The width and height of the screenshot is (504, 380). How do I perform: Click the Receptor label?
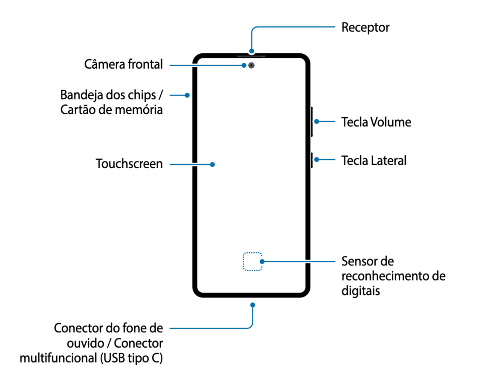pos(365,28)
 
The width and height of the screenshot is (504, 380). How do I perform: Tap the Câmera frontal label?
pos(124,65)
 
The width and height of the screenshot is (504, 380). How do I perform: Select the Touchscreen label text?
pos(129,164)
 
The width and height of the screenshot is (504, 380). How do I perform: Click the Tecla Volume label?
pos(376,122)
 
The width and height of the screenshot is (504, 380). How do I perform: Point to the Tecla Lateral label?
pos(374,161)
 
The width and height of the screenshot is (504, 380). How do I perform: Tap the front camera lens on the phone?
pos(252,66)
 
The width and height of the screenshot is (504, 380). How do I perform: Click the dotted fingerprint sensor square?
pos(252,261)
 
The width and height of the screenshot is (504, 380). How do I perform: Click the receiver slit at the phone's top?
pos(252,55)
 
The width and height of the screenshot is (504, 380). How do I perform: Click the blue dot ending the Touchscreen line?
pos(212,164)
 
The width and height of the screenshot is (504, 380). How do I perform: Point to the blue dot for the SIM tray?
pos(187,95)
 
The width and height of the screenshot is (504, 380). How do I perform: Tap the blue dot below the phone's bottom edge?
pos(253,305)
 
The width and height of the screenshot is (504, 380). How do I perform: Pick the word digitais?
pos(360,291)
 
